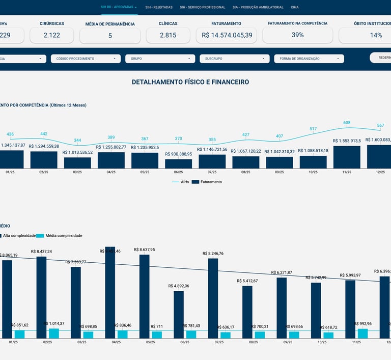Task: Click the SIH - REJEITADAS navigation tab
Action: [159, 8]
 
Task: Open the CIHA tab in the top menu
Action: [295, 8]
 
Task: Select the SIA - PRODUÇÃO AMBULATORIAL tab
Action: [258, 8]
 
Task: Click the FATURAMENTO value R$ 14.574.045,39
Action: [227, 35]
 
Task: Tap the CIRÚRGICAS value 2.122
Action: [52, 35]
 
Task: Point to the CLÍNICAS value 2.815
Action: [168, 35]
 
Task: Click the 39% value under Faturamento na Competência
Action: [298, 35]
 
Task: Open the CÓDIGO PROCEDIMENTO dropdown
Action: [86, 59]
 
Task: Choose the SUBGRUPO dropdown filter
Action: [234, 59]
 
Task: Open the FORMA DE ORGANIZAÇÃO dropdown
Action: [309, 59]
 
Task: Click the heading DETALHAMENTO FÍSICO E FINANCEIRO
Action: [190, 82]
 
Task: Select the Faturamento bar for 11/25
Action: [347, 157]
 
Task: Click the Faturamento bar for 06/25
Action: [179, 164]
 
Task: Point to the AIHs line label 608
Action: [347, 123]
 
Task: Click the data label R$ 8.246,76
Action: [213, 253]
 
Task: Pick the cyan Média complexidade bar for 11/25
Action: [362, 334]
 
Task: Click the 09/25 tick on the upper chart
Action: [280, 172]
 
